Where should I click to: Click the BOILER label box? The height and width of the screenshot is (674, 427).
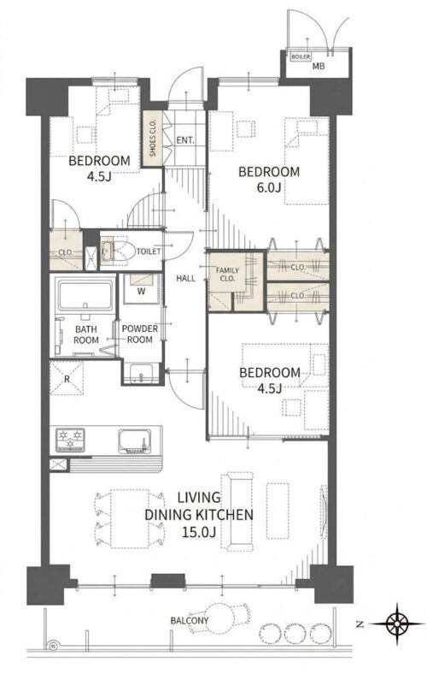pos(301,56)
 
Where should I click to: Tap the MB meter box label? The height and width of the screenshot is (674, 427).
pos(318,66)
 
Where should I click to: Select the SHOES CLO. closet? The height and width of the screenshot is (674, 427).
pos(153,139)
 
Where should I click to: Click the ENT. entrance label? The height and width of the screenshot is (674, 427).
pos(185,140)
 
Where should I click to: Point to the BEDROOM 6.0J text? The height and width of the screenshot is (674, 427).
pos(269,180)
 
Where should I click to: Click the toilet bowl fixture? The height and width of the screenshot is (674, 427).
pos(121,250)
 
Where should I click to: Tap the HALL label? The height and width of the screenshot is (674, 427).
pos(185,278)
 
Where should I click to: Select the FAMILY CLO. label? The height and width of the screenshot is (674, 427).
pos(227,275)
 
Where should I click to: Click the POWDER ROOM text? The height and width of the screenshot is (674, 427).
pos(139,334)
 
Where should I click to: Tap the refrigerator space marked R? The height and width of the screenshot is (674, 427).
pos(67,378)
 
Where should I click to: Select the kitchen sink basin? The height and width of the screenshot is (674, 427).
pos(133,440)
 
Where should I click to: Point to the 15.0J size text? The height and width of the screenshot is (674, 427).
pos(198,532)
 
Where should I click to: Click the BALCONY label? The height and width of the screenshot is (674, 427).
pos(190,620)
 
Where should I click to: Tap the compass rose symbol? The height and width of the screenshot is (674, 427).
pos(397,624)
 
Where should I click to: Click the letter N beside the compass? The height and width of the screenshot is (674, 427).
pos(360,624)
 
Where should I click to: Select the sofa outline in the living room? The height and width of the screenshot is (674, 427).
pos(237,511)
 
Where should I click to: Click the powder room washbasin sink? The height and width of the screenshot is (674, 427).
pos(141,373)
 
